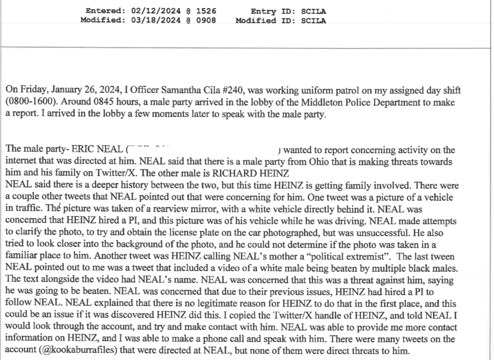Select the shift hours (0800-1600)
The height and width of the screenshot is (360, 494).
point(31,100)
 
